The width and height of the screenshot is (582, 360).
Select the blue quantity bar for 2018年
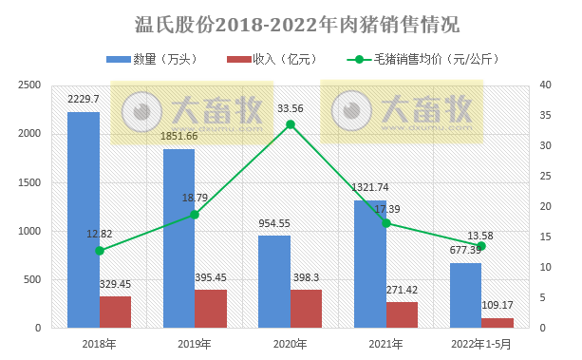[84, 219]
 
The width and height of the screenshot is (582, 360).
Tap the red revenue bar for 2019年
[211, 309]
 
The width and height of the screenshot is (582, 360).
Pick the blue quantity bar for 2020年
[274, 281]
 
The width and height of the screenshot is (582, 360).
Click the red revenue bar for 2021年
[402, 314]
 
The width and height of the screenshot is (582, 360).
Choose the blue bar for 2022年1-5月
[465, 295]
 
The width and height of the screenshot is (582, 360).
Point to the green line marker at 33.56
[291, 124]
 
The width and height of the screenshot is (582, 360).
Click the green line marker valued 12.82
[100, 251]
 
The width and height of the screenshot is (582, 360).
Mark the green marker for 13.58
[481, 246]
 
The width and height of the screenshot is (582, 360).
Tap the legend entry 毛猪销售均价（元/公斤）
[420, 60]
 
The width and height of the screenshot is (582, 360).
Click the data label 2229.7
[84, 98]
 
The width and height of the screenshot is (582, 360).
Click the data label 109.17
[498, 306]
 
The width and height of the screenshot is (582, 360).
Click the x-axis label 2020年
[291, 345]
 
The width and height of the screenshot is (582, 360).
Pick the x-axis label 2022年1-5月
[481, 345]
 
